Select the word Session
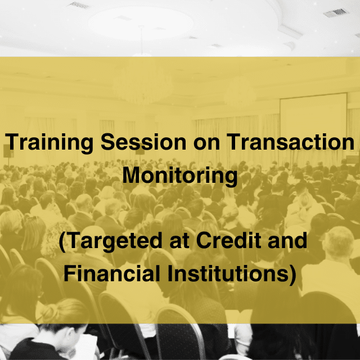tap(143, 142)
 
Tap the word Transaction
tap(291, 142)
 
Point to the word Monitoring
tap(180, 176)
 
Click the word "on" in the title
tap(206, 144)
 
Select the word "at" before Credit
tap(179, 241)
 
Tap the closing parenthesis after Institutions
tap(292, 274)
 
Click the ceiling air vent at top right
tap(336, 12)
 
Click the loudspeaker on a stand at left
tap(8, 151)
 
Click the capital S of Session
tap(108, 142)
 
